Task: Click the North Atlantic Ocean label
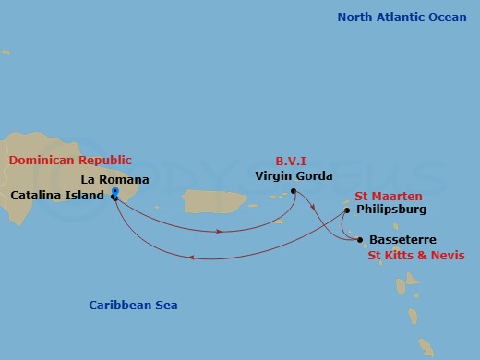tap(402, 18)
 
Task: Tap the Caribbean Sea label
tap(133, 306)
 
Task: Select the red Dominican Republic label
tap(70, 161)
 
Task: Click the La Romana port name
tap(114, 178)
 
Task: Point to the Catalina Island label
tap(56, 196)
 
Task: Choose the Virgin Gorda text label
tap(294, 175)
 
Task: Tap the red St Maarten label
tap(389, 196)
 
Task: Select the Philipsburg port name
tap(390, 210)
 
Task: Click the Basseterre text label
tap(402, 240)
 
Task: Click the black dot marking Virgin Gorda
tap(294, 191)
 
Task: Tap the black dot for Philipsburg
tap(346, 210)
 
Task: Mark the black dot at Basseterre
tap(359, 240)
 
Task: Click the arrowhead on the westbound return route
tap(191, 258)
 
